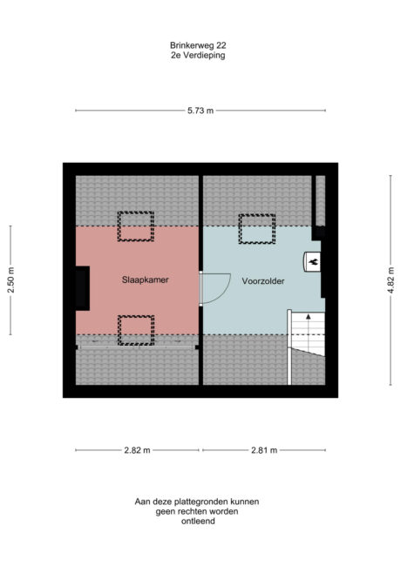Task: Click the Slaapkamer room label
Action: [145, 280]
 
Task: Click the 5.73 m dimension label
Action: [200, 111]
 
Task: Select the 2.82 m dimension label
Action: [138, 450]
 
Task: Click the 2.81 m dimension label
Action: [263, 450]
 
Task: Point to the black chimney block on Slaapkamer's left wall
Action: [82, 289]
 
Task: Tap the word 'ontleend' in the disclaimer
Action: [200, 522]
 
